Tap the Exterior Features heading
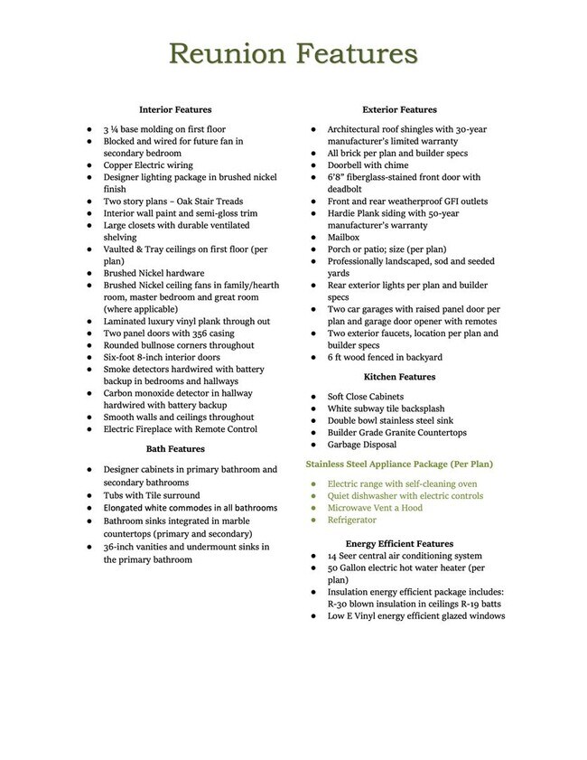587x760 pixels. tap(399, 109)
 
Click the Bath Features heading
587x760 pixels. tap(175, 448)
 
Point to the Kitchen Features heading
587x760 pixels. tap(399, 376)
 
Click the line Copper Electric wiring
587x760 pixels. tap(149, 166)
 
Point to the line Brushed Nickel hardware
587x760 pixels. tap(154, 272)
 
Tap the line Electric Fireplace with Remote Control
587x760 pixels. tap(181, 429)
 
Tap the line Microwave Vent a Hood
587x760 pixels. tap(375, 508)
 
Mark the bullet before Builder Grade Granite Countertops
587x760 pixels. tap(312, 433)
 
